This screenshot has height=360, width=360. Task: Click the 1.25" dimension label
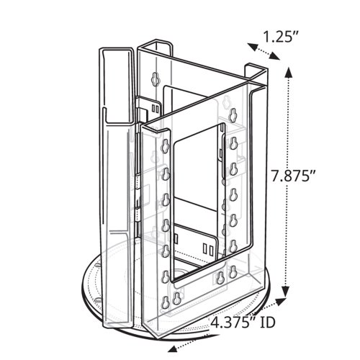pyautogui.click(x=281, y=37)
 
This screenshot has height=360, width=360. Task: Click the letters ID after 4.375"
pyautogui.click(x=267, y=323)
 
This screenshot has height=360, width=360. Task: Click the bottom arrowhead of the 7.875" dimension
pyautogui.click(x=285, y=291)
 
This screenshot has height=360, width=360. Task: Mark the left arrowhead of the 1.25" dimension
pyautogui.click(x=253, y=47)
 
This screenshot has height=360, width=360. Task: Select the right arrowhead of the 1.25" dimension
pyautogui.click(x=274, y=55)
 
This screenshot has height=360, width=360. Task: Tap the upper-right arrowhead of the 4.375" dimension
pyautogui.click(x=280, y=302)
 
